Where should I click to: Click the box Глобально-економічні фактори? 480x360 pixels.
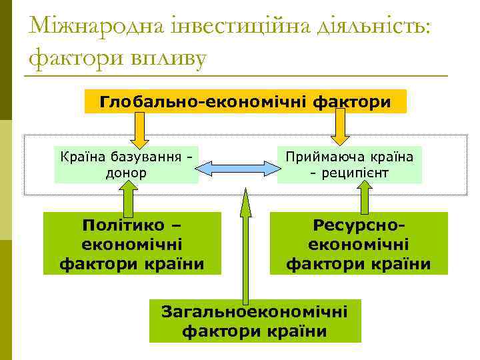[x=245, y=102]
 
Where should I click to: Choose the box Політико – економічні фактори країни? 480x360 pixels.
[x=132, y=243]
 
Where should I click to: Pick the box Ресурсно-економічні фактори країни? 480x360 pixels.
[x=359, y=243]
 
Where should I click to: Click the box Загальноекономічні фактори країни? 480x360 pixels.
[x=255, y=321]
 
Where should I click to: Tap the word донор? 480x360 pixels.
[x=126, y=173]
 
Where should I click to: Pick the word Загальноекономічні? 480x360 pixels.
[x=255, y=311]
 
